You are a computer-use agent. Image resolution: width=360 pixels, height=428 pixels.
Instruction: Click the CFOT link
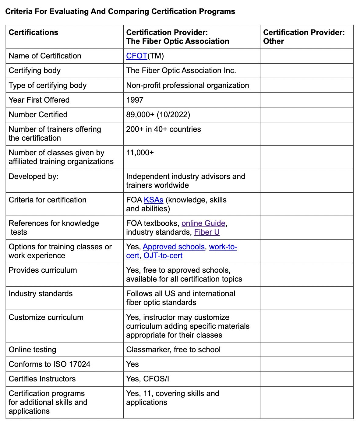point(136,56)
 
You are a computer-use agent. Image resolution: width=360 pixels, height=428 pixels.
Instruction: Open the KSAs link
point(154,200)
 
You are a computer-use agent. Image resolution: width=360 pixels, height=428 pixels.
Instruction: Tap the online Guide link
point(203,223)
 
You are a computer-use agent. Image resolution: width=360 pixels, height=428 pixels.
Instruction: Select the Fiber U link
point(207,232)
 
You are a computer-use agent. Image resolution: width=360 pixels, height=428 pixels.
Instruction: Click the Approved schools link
point(174,247)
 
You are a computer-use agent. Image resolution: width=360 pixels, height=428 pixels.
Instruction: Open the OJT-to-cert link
point(163,256)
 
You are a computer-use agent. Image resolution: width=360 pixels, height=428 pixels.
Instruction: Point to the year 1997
point(135,100)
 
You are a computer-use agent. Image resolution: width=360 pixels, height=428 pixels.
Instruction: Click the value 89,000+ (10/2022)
point(158,115)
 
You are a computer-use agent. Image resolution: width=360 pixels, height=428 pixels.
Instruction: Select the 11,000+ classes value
point(140,153)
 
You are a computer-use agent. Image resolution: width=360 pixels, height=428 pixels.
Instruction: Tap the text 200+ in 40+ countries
point(164,129)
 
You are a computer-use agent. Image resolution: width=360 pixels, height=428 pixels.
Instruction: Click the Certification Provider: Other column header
point(304,37)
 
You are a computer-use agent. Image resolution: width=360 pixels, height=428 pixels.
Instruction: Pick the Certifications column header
point(34,33)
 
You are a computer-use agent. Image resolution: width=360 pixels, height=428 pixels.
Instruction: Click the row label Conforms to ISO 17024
point(49,364)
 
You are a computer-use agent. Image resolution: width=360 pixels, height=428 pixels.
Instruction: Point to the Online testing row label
point(32,350)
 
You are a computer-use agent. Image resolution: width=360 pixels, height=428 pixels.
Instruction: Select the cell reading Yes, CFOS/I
point(147,379)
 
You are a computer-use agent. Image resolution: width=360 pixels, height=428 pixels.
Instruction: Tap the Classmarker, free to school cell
point(173,350)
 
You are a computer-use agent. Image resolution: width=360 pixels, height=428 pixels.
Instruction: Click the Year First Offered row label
point(39,100)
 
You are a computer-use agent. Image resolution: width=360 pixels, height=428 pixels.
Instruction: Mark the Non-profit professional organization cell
point(188,86)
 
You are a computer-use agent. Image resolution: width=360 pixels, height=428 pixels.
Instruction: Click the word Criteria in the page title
point(18,12)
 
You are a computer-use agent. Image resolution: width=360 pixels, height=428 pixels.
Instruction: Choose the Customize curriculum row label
point(46,317)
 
